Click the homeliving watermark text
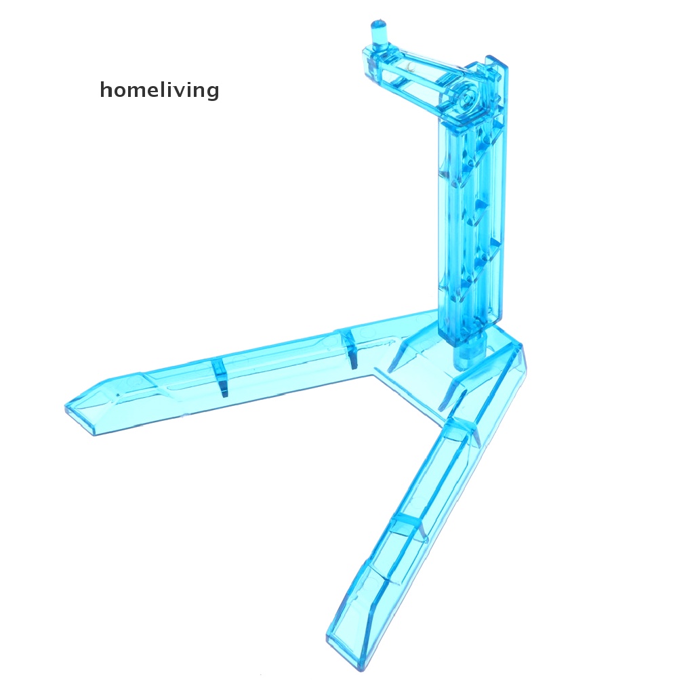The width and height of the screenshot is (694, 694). tap(159, 89)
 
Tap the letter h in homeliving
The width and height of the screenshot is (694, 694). tap(106, 88)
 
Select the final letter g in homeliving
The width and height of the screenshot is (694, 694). tap(212, 91)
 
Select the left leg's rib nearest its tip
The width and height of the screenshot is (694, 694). tap(220, 377)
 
